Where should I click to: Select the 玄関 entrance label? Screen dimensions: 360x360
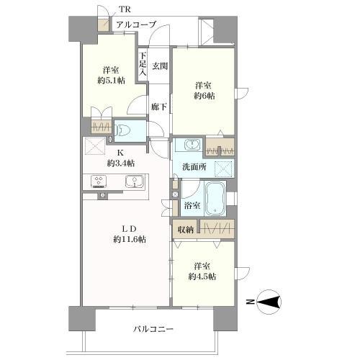coord(160,67)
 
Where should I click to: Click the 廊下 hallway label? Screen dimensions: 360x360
coord(159,107)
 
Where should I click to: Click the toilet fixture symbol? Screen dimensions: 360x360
coord(124,130)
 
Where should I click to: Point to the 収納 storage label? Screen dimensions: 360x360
coord(185,230)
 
